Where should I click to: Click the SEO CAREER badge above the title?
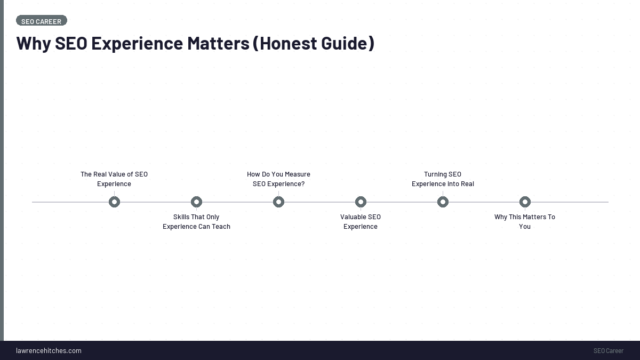(x=42, y=21)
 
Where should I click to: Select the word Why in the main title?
(x=33, y=43)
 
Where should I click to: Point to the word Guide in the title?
(x=343, y=43)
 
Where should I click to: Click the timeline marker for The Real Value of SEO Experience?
(x=114, y=202)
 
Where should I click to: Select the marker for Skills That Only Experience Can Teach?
(x=196, y=202)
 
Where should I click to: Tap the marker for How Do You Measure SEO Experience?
(x=278, y=202)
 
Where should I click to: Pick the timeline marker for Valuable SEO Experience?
(x=361, y=202)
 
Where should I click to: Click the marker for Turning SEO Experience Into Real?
(x=443, y=202)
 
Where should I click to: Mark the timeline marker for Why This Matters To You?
(x=525, y=202)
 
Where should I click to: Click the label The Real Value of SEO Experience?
(x=114, y=179)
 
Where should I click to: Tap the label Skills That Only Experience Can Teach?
(x=196, y=222)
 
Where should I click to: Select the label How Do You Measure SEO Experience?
(x=278, y=179)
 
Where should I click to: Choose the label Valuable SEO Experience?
(x=361, y=222)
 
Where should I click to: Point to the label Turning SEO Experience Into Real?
(x=443, y=179)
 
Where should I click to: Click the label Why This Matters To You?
(x=525, y=222)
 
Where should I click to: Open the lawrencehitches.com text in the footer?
(x=49, y=351)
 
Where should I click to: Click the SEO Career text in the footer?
(x=608, y=351)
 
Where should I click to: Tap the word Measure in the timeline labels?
(x=298, y=174)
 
